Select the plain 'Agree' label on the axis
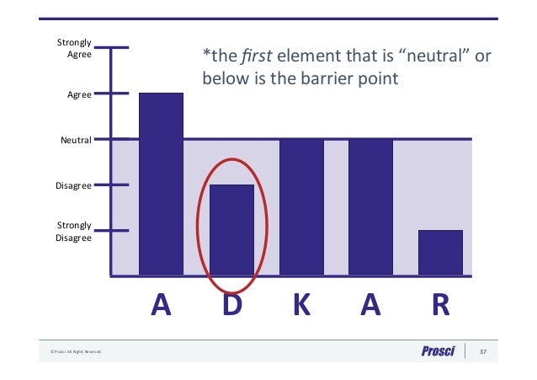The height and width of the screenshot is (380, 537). (79, 94)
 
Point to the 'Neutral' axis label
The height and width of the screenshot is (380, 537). (75, 140)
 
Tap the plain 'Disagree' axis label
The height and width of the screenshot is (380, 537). (74, 185)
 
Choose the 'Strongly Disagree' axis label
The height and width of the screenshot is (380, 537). (73, 232)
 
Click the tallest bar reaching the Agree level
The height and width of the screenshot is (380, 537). (161, 184)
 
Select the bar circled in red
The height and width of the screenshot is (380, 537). (231, 229)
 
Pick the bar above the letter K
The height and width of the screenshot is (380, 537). (301, 206)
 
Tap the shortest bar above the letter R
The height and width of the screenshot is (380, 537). (440, 252)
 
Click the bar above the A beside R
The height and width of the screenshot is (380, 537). (370, 206)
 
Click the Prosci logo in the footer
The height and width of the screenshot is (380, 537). (439, 351)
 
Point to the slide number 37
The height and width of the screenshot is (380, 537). (483, 351)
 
